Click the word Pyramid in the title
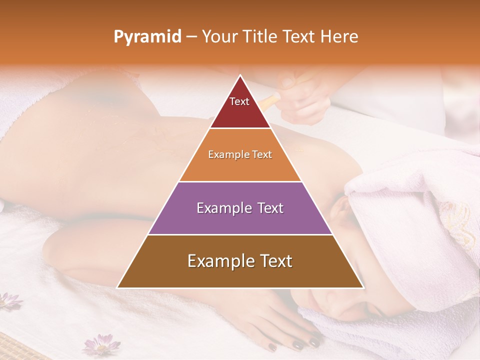[147, 37]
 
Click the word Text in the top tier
[239, 101]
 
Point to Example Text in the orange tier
[240, 154]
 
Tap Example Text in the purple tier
[240, 208]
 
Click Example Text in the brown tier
[240, 261]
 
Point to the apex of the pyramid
[240, 75]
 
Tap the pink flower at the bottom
[101, 345]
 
